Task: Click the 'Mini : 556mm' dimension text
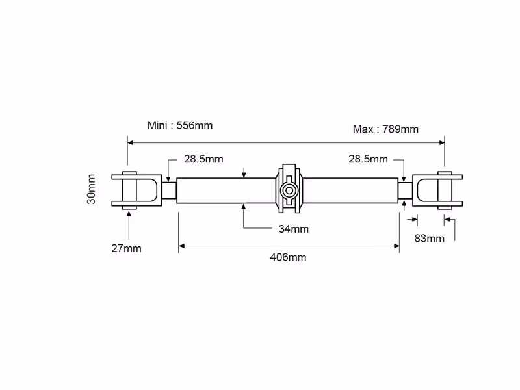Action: pyautogui.click(x=180, y=125)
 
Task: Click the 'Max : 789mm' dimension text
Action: pyautogui.click(x=385, y=129)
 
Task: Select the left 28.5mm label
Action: pyautogui.click(x=203, y=159)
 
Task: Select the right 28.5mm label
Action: pyautogui.click(x=368, y=159)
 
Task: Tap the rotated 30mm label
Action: pyautogui.click(x=91, y=189)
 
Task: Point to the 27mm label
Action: pyautogui.click(x=126, y=248)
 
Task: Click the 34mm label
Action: pyautogui.click(x=294, y=229)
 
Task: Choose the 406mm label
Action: pyautogui.click(x=288, y=257)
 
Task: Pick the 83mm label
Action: pyautogui.click(x=430, y=239)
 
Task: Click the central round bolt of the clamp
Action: pyautogui.click(x=289, y=191)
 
